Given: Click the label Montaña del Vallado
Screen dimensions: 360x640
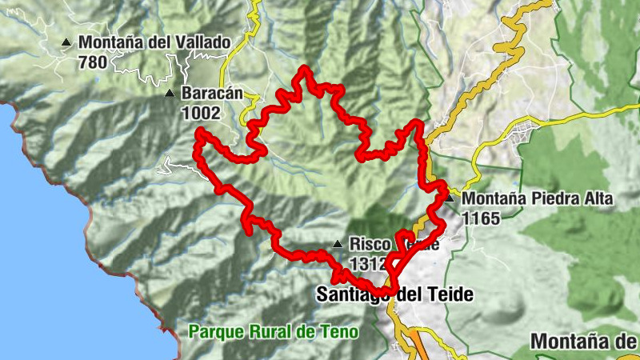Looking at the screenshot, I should click(154, 42).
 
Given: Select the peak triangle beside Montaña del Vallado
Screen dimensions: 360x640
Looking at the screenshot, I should click(67, 42).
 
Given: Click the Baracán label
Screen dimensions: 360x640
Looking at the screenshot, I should click(211, 93).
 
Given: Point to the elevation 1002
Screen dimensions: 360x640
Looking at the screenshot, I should click(200, 113).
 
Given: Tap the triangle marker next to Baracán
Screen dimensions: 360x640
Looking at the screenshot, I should click(169, 94).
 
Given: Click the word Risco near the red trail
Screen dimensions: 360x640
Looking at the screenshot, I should click(370, 243).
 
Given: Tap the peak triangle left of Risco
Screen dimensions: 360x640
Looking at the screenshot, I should click(338, 244).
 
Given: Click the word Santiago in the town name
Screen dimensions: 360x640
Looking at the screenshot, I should click(352, 294).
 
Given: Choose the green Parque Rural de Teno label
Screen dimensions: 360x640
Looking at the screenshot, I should click(273, 331).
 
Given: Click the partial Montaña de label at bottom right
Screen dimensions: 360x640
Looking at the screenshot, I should click(585, 341).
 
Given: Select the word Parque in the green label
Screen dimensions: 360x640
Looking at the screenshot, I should click(212, 331).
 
